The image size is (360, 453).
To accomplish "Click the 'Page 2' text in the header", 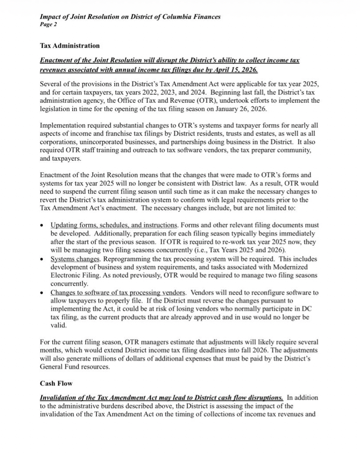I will click(48, 25).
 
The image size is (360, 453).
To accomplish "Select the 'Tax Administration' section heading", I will click(70, 45).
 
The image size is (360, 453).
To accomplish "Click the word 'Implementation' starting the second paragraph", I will click(61, 125).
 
